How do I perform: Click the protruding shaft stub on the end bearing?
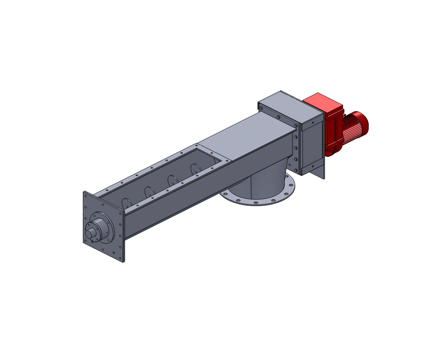(90, 233)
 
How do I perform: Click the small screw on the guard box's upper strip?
(312, 122)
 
